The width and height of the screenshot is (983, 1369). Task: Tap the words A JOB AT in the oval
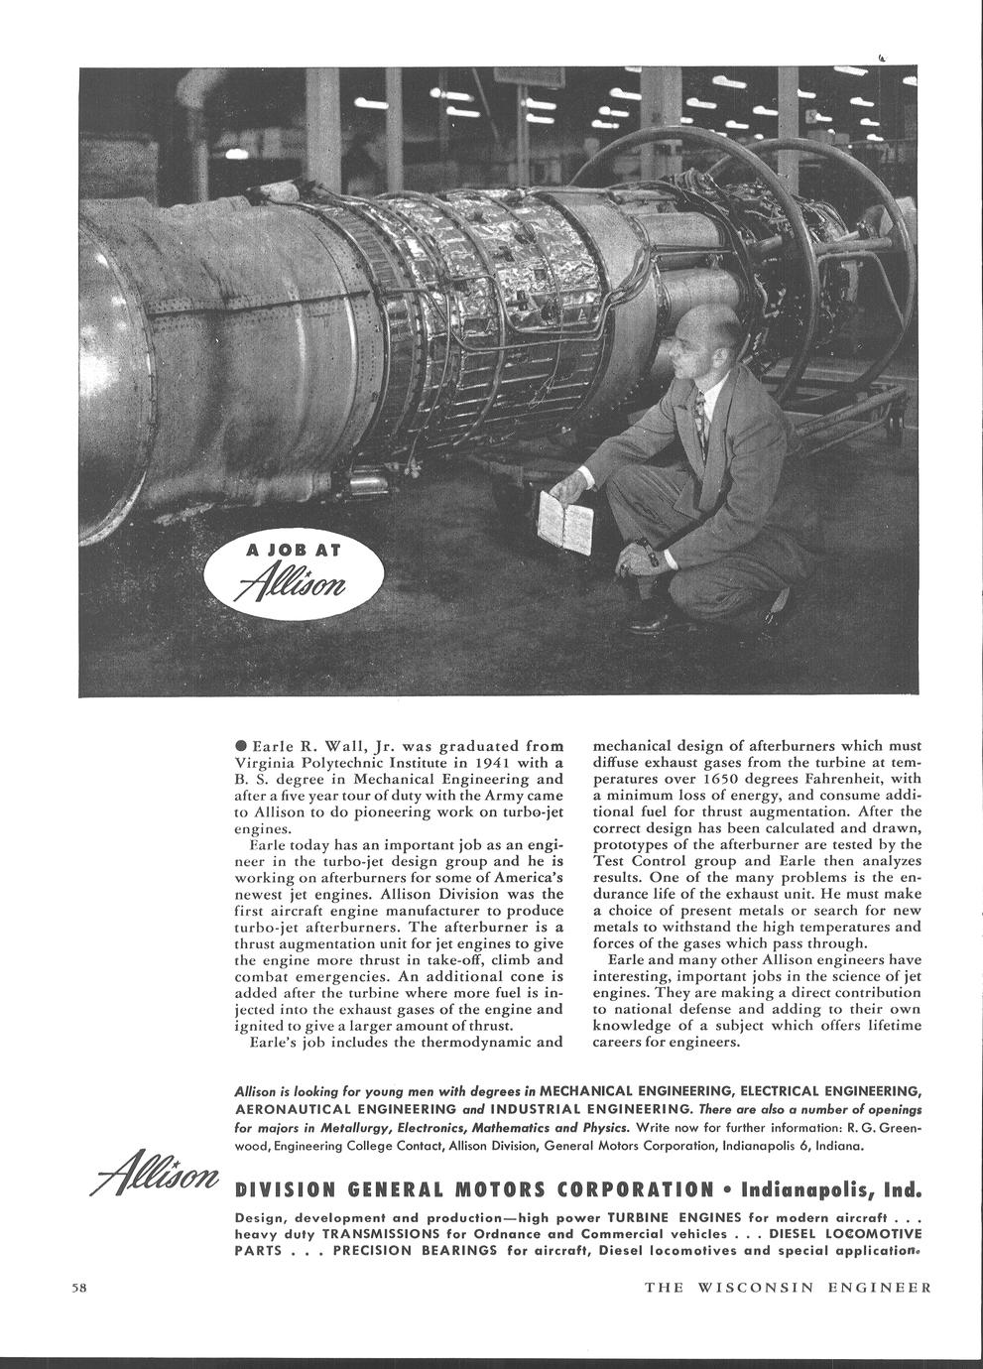[293, 553]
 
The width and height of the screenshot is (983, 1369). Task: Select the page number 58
[80, 1289]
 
